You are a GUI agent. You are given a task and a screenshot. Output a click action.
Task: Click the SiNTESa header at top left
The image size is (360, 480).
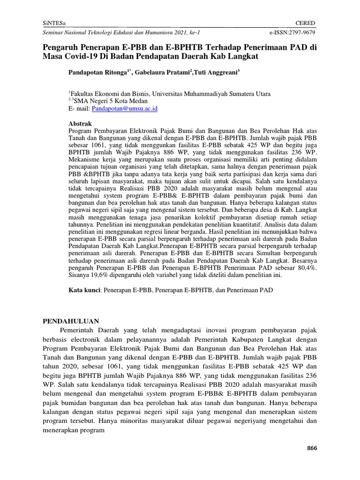pos(55,23)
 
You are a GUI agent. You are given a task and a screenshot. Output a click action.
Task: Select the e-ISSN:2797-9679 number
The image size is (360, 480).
pos(292,33)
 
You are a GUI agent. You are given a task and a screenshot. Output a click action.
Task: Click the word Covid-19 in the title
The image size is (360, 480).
pos(80,56)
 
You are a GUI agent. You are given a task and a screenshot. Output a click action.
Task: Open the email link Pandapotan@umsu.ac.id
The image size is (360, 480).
pos(125,108)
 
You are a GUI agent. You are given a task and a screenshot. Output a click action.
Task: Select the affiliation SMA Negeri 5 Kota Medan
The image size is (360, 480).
pos(111,101)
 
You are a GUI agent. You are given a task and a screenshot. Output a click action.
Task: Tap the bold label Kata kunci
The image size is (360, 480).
pos(84,291)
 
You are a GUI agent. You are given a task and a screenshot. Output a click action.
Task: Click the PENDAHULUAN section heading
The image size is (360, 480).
pos(71,321)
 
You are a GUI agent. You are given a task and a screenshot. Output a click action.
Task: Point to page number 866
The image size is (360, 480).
pos(312,448)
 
